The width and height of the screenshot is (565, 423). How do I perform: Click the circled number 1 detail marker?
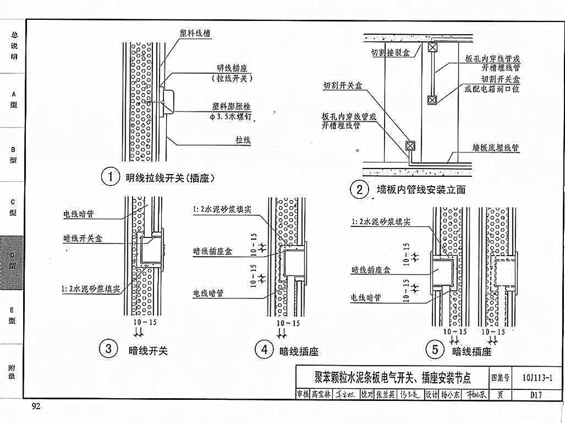click(110, 177)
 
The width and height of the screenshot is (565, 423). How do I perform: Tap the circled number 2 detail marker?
click(359, 190)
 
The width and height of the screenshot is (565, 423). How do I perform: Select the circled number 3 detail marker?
click(108, 349)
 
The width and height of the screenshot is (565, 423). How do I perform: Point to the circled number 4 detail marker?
click(264, 349)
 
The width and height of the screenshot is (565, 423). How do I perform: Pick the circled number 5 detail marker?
click(435, 350)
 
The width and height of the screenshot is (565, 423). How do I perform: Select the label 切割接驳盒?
click(390, 53)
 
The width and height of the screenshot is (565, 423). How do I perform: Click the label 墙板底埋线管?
click(495, 148)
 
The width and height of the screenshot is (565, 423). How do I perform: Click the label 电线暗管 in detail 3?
click(78, 214)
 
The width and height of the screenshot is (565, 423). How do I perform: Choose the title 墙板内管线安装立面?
click(421, 190)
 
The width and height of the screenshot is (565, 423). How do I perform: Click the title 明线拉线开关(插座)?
click(169, 178)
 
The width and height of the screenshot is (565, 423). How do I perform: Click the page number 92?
click(36, 407)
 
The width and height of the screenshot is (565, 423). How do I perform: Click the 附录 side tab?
click(12, 372)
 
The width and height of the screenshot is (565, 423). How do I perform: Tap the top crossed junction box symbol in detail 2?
click(433, 47)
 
